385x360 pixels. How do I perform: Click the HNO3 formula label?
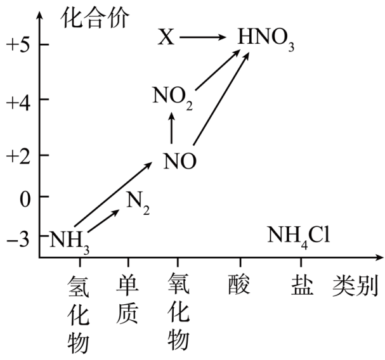tap(265, 39)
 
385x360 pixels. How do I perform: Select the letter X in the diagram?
tap(166, 38)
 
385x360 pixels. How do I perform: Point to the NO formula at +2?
tap(179, 161)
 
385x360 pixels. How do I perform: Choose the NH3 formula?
tap(70, 240)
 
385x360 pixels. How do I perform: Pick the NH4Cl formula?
tap(298, 237)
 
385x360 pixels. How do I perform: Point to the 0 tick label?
tap(25, 197)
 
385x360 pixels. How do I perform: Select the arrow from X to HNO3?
tap(203, 39)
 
